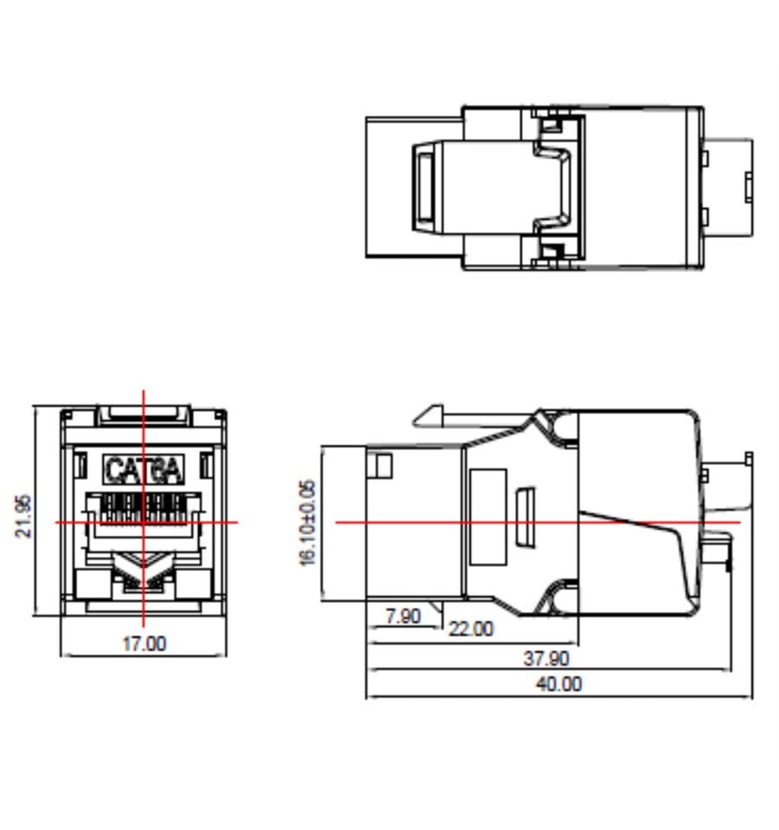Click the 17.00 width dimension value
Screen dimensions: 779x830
(x=144, y=644)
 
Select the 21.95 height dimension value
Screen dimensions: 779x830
(x=23, y=516)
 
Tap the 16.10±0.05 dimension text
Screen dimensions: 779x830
(x=307, y=523)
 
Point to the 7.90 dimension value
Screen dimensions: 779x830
(x=403, y=616)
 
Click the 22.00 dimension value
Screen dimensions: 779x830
(x=471, y=629)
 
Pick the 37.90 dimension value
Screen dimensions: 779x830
(x=546, y=659)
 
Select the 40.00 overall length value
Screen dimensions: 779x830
(x=559, y=684)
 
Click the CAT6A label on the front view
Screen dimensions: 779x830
(x=144, y=470)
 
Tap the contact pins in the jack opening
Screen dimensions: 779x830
(x=143, y=508)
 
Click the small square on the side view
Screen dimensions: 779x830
(x=383, y=466)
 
